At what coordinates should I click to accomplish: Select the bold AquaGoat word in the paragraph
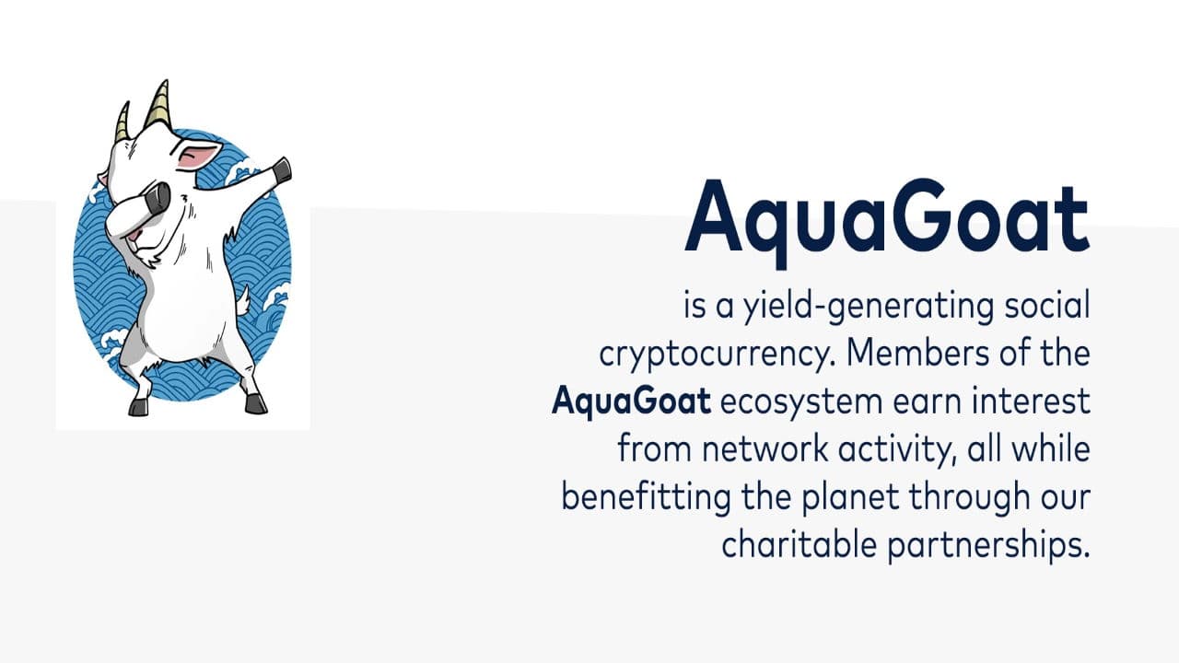click(631, 402)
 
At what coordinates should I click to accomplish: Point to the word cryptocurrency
click(713, 355)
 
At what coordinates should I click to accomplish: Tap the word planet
click(839, 498)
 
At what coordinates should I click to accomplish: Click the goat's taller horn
click(158, 104)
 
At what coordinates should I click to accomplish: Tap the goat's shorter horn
click(122, 123)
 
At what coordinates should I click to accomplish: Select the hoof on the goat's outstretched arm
click(282, 169)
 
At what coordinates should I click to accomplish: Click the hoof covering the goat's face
click(158, 197)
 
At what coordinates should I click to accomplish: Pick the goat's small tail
click(243, 300)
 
